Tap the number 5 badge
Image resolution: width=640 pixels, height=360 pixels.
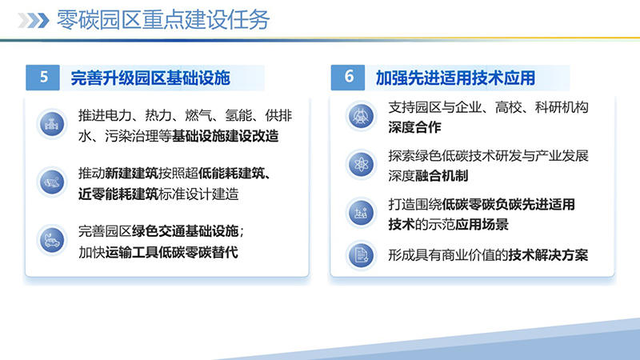(44, 78)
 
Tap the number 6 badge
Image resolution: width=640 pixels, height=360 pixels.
(349, 78)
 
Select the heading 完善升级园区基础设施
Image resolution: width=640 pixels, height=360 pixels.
(150, 78)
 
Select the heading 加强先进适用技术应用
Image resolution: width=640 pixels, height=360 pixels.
(455, 78)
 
